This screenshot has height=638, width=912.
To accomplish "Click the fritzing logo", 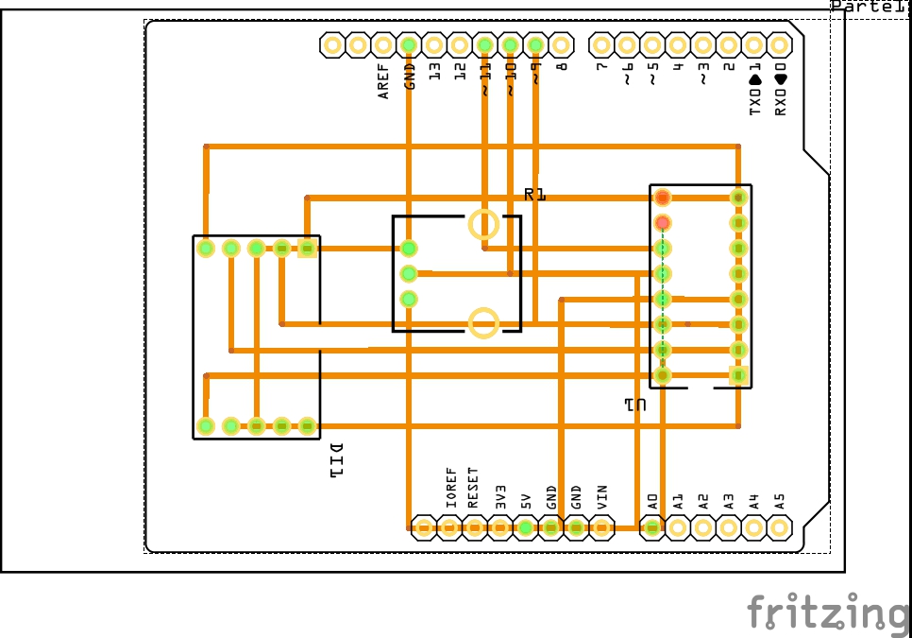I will pos(829,612).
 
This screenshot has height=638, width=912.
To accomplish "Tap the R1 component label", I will pos(535,195).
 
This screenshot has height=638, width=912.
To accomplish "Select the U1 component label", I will pos(634,405).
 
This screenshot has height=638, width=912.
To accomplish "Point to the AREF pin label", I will pos(383,81).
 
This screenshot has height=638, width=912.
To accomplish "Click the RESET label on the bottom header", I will pos(473,488).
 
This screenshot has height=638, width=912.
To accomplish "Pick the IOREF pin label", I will pos(450,488).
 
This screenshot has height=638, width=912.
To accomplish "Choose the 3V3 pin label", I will pos(501,495).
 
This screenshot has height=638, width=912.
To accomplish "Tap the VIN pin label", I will pos(601,495).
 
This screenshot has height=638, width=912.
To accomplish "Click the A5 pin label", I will pos(779,501).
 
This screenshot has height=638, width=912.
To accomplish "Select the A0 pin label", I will pos(651,501).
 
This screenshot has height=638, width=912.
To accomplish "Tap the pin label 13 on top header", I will pos(434,71).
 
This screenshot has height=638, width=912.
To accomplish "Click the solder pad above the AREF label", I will pos(383,44).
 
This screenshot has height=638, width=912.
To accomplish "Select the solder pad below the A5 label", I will pos(779,527).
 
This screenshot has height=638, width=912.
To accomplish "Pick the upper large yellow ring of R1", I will pos(483,224).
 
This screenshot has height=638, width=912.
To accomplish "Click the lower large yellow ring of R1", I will pos(483,322).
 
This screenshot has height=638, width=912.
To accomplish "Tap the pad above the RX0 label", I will pos(779,44).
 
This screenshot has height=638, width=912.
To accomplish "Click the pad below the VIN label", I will pos(601,527).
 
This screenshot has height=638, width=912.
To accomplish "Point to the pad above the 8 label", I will pos(561,44).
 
